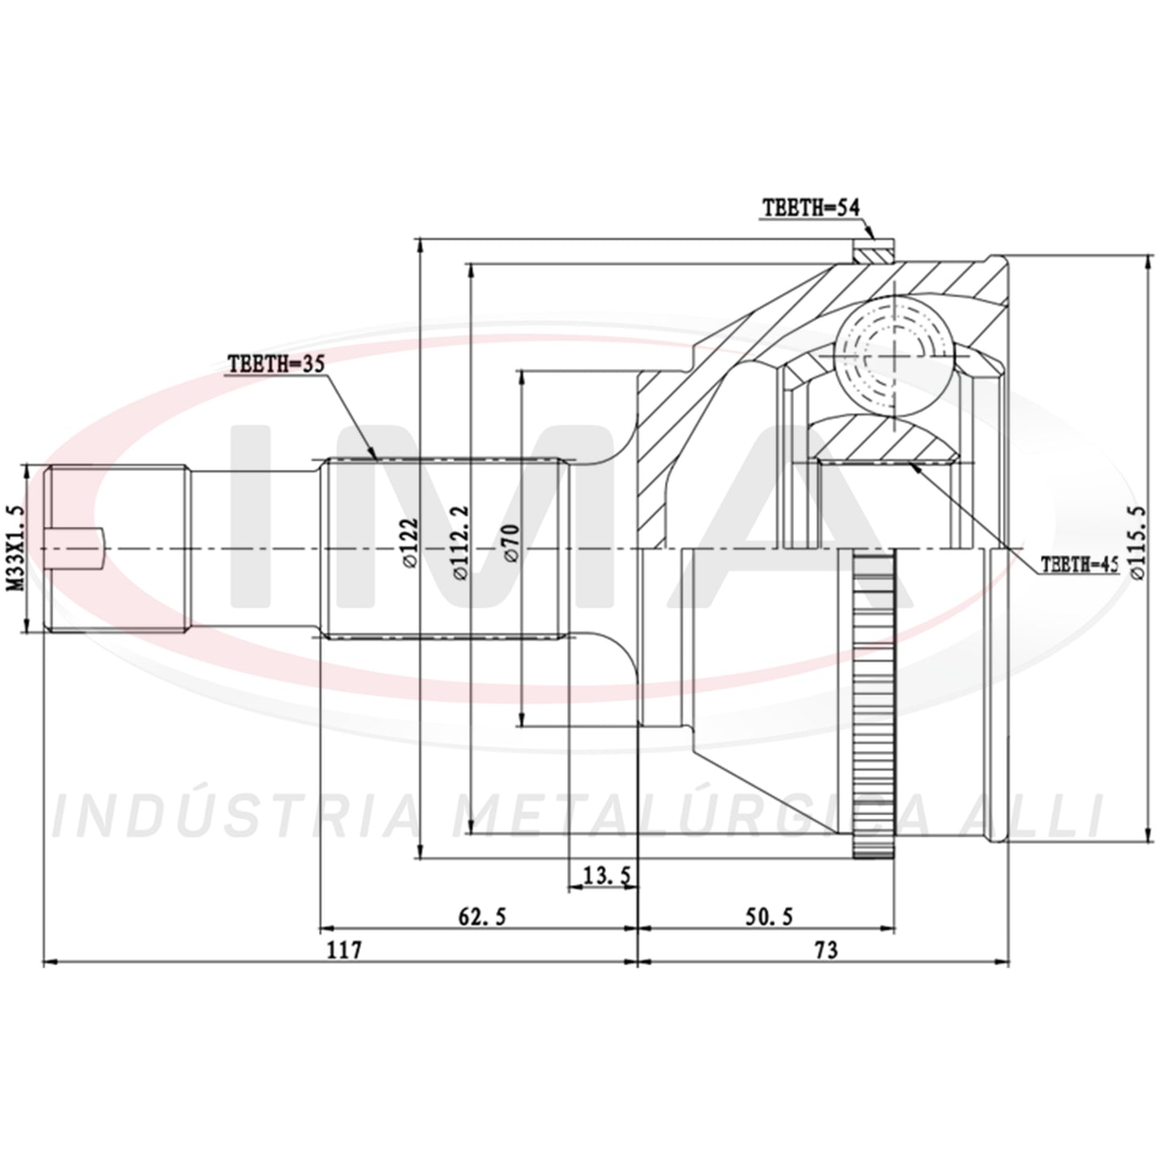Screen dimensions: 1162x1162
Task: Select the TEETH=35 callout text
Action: pyautogui.click(x=277, y=363)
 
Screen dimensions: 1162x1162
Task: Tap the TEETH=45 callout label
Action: pyautogui.click(x=1080, y=565)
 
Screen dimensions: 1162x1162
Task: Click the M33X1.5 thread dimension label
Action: pyautogui.click(x=17, y=548)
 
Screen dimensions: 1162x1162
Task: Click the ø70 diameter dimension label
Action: pyautogui.click(x=511, y=543)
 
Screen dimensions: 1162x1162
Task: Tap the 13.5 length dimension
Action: pyautogui.click(x=606, y=874)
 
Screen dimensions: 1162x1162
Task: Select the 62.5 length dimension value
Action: pyautogui.click(x=482, y=916)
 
